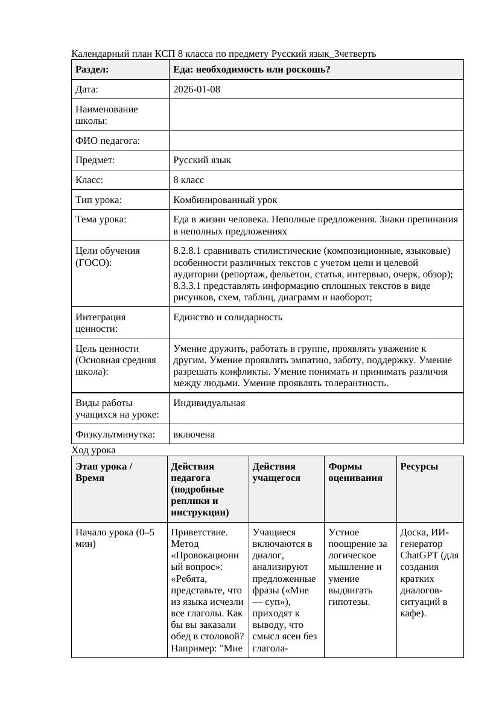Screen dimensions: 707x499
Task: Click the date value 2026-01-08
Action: tap(196, 89)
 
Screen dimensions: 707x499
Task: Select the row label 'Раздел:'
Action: tap(92, 69)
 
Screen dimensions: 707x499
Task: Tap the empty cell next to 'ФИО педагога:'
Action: tap(316, 141)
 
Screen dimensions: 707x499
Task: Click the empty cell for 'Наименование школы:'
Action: tap(316, 115)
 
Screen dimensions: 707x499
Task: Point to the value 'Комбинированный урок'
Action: tap(225, 199)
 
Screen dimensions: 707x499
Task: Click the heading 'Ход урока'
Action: tap(94, 450)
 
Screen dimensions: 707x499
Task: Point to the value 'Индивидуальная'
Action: tap(209, 403)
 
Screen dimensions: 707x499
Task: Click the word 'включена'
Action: tap(194, 434)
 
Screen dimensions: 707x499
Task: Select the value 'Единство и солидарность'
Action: tap(227, 317)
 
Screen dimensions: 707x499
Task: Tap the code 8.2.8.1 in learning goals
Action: tap(189, 251)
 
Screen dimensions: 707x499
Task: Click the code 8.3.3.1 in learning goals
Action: tap(189, 286)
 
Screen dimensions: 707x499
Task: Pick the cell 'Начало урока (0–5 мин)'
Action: tap(115, 538)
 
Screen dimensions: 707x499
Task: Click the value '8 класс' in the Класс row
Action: tap(188, 180)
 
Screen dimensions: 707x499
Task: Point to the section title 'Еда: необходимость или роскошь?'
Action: tap(252, 69)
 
